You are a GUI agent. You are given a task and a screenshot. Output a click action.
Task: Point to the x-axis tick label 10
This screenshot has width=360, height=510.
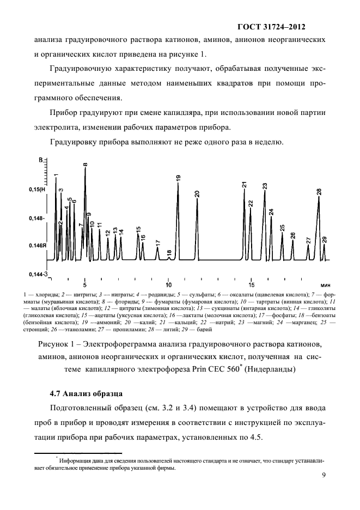click(168, 284)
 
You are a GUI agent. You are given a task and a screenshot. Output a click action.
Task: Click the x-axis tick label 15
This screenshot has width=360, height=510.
click(252, 284)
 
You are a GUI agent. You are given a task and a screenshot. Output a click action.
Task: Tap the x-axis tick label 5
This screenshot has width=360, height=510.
click(84, 284)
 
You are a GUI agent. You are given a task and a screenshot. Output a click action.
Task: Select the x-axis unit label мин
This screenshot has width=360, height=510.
click(326, 285)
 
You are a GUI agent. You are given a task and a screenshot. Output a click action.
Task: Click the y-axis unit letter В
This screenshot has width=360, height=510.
click(40, 159)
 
